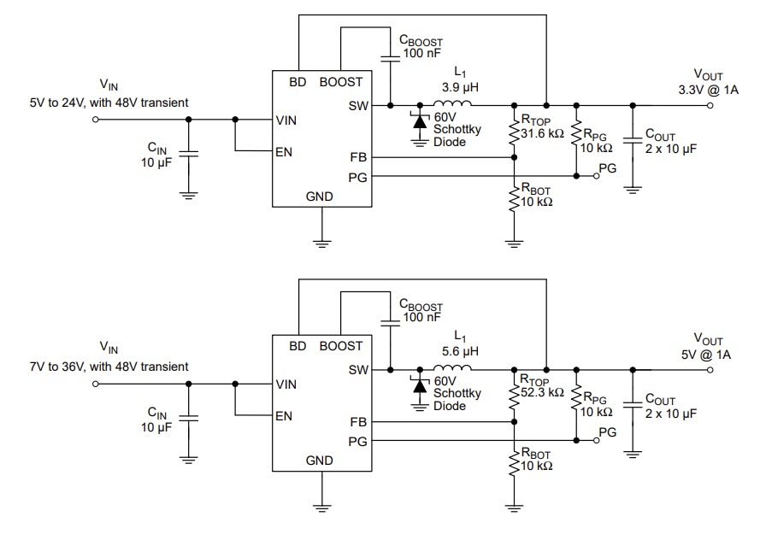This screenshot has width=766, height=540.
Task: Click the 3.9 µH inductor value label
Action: [x=459, y=87]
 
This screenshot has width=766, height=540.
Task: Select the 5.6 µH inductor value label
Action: [x=459, y=351]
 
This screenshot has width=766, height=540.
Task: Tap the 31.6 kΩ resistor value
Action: [x=542, y=132]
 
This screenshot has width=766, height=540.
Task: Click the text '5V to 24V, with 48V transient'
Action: [x=109, y=103]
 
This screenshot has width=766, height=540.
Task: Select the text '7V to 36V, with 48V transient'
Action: [x=109, y=367]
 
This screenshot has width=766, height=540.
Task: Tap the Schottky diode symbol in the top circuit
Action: [x=419, y=121]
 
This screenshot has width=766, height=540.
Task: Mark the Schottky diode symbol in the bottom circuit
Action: [x=419, y=385]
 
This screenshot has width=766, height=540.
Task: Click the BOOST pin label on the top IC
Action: [x=341, y=82]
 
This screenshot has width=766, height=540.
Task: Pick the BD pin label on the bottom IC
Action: [x=298, y=346]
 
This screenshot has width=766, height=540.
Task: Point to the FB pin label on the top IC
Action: [x=358, y=157]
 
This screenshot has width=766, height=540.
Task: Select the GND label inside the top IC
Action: [x=320, y=197]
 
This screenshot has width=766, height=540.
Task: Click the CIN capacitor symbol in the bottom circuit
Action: [x=190, y=418]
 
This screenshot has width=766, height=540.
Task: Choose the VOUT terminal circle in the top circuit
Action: [x=710, y=106]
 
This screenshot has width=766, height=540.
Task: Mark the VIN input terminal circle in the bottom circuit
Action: [x=96, y=384]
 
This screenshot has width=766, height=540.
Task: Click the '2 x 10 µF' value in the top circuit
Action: [x=671, y=149]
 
